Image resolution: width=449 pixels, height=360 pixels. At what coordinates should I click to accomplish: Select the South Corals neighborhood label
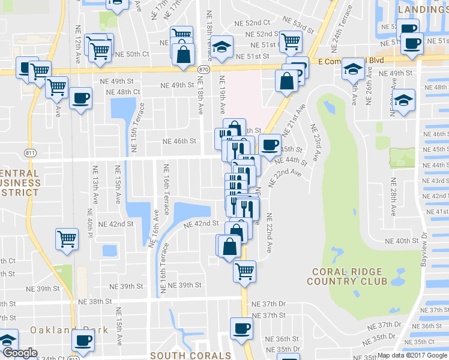coord(190,355)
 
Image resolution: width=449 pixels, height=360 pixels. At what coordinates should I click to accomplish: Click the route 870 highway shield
coord(205,70)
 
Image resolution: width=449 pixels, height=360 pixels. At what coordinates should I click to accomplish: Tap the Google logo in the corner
coord(19,353)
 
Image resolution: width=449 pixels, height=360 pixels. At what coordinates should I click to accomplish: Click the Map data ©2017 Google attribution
coord(412,355)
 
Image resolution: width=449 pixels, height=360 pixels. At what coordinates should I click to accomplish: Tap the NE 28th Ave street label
coord(393,196)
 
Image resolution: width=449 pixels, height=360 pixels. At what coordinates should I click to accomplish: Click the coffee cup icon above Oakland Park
coord(83,339)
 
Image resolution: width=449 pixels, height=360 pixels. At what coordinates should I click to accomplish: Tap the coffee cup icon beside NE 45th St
coord(270,144)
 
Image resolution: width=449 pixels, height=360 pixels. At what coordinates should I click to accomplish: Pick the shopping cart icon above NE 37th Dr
coord(244,271)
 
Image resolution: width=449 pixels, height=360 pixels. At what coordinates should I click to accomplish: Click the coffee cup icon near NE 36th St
coord(241,328)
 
